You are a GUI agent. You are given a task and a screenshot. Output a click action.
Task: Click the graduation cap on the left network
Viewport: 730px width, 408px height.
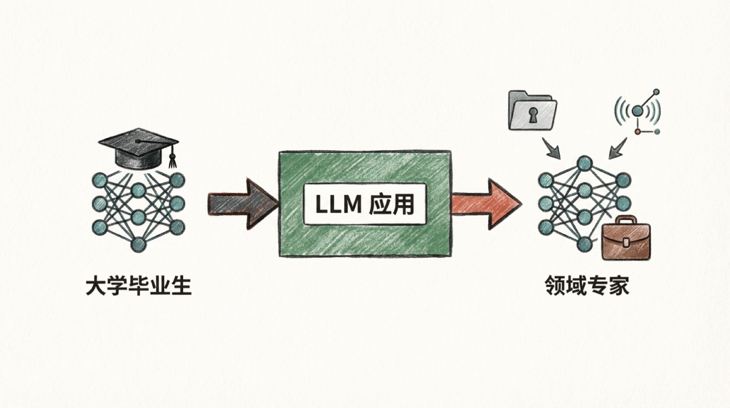(139, 148)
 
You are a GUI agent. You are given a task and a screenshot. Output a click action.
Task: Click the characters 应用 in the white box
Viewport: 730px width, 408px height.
(392, 204)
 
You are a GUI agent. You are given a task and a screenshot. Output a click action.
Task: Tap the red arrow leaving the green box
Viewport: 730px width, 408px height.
(484, 202)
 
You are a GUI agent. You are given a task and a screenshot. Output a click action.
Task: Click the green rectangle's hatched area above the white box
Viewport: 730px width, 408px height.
(365, 166)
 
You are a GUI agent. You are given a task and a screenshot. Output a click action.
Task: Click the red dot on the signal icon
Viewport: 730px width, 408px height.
(636, 132)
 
